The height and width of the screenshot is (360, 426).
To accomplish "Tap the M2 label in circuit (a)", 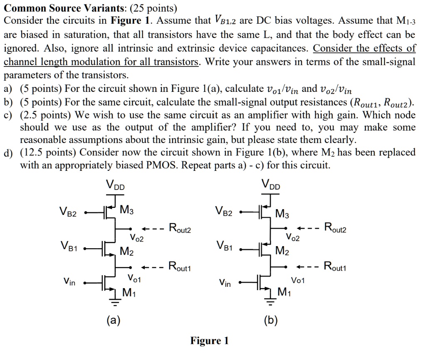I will (x=126, y=251).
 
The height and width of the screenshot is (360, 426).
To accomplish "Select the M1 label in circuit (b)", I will (x=283, y=293).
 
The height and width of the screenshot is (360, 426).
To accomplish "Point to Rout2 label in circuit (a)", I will (x=179, y=228).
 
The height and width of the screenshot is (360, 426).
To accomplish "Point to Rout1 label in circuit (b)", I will (x=335, y=266).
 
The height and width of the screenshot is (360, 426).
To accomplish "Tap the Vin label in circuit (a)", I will (x=69, y=283).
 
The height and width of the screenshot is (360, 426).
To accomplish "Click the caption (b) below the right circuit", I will (x=270, y=320).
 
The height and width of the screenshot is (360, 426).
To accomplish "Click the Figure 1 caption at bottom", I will (x=210, y=341).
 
